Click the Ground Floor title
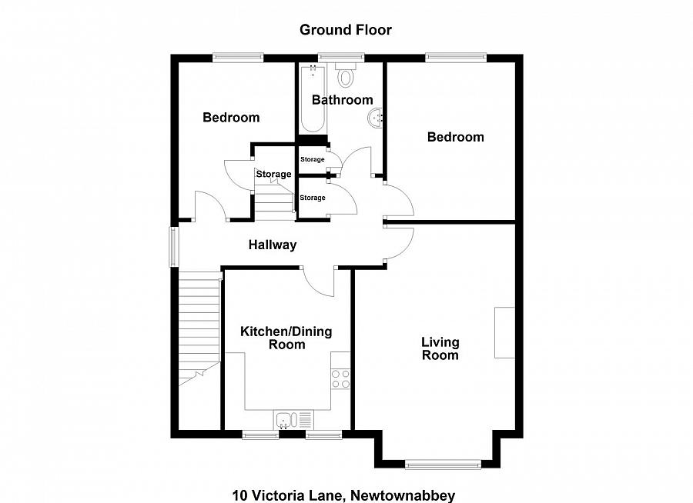(x=346, y=30)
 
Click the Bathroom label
(x=342, y=100)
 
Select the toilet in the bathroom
(x=346, y=76)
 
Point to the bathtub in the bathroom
(x=313, y=100)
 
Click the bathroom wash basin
(x=376, y=118)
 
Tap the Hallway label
(x=272, y=245)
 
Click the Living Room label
(x=440, y=348)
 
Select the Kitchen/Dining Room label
(x=286, y=338)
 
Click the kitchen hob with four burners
(x=340, y=378)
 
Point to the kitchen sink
(x=286, y=419)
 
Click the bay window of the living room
(x=443, y=464)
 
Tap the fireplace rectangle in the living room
(x=504, y=332)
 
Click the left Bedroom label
(x=231, y=118)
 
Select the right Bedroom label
(x=456, y=137)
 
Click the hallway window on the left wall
(x=174, y=246)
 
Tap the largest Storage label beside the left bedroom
(x=273, y=175)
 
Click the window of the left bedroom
(x=238, y=56)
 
